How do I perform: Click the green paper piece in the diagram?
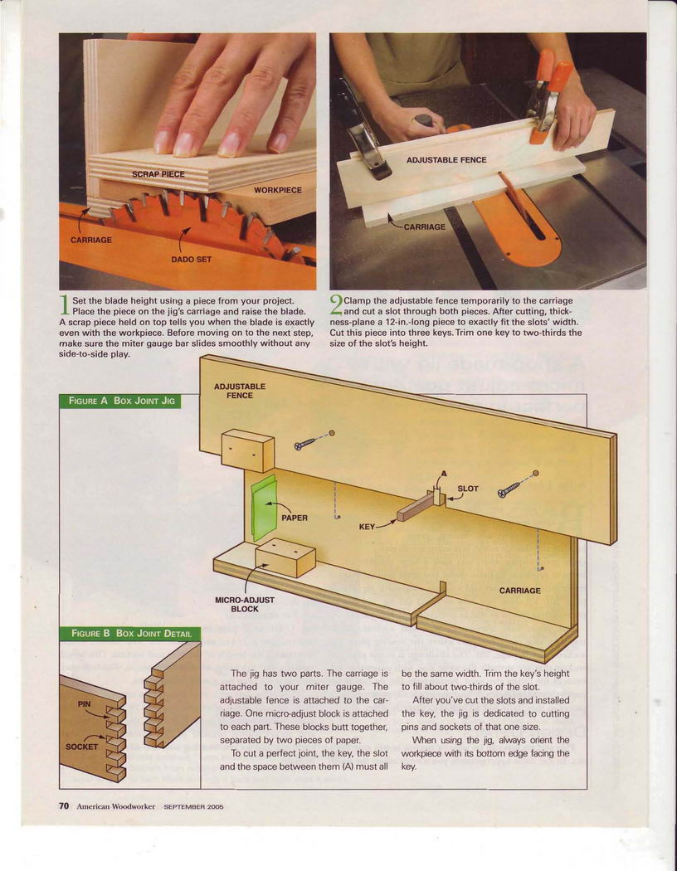264,507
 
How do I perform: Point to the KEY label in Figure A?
367,526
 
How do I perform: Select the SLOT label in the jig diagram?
468,489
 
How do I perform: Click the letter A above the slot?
443,474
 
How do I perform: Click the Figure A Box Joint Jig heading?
121,401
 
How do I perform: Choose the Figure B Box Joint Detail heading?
131,633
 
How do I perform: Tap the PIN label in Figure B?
85,703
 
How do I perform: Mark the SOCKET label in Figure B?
81,747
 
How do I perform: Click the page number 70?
64,805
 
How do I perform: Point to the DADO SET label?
191,260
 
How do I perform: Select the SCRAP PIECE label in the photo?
158,174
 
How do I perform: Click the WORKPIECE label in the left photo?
278,190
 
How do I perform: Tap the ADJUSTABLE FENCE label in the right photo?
446,160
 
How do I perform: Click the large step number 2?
336,304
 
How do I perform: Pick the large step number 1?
65,305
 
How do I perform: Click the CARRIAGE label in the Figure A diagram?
520,591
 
